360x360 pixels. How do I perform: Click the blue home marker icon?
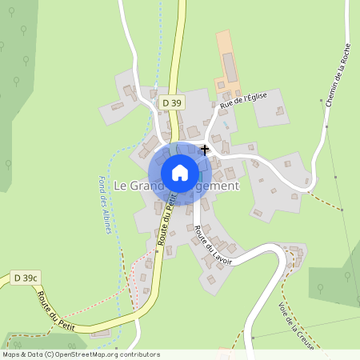[x=180, y=173]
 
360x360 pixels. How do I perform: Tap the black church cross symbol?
[x=205, y=149]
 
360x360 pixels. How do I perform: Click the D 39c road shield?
[x=26, y=278]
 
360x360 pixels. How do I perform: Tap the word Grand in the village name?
[x=146, y=186]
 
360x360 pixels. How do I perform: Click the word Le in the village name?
[x=121, y=186]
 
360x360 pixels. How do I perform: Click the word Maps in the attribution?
[x=13, y=354]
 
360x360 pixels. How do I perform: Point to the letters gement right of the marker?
[x=219, y=186]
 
